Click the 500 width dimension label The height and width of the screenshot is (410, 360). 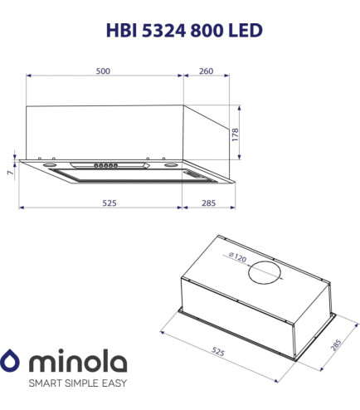click(x=102, y=71)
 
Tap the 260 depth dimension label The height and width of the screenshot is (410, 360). click(x=207, y=71)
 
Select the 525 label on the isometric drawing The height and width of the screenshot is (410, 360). click(x=216, y=352)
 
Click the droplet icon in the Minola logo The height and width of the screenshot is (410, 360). click(x=12, y=363)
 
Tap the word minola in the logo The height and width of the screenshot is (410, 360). click(x=78, y=363)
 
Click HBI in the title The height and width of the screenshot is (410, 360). click(x=121, y=31)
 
